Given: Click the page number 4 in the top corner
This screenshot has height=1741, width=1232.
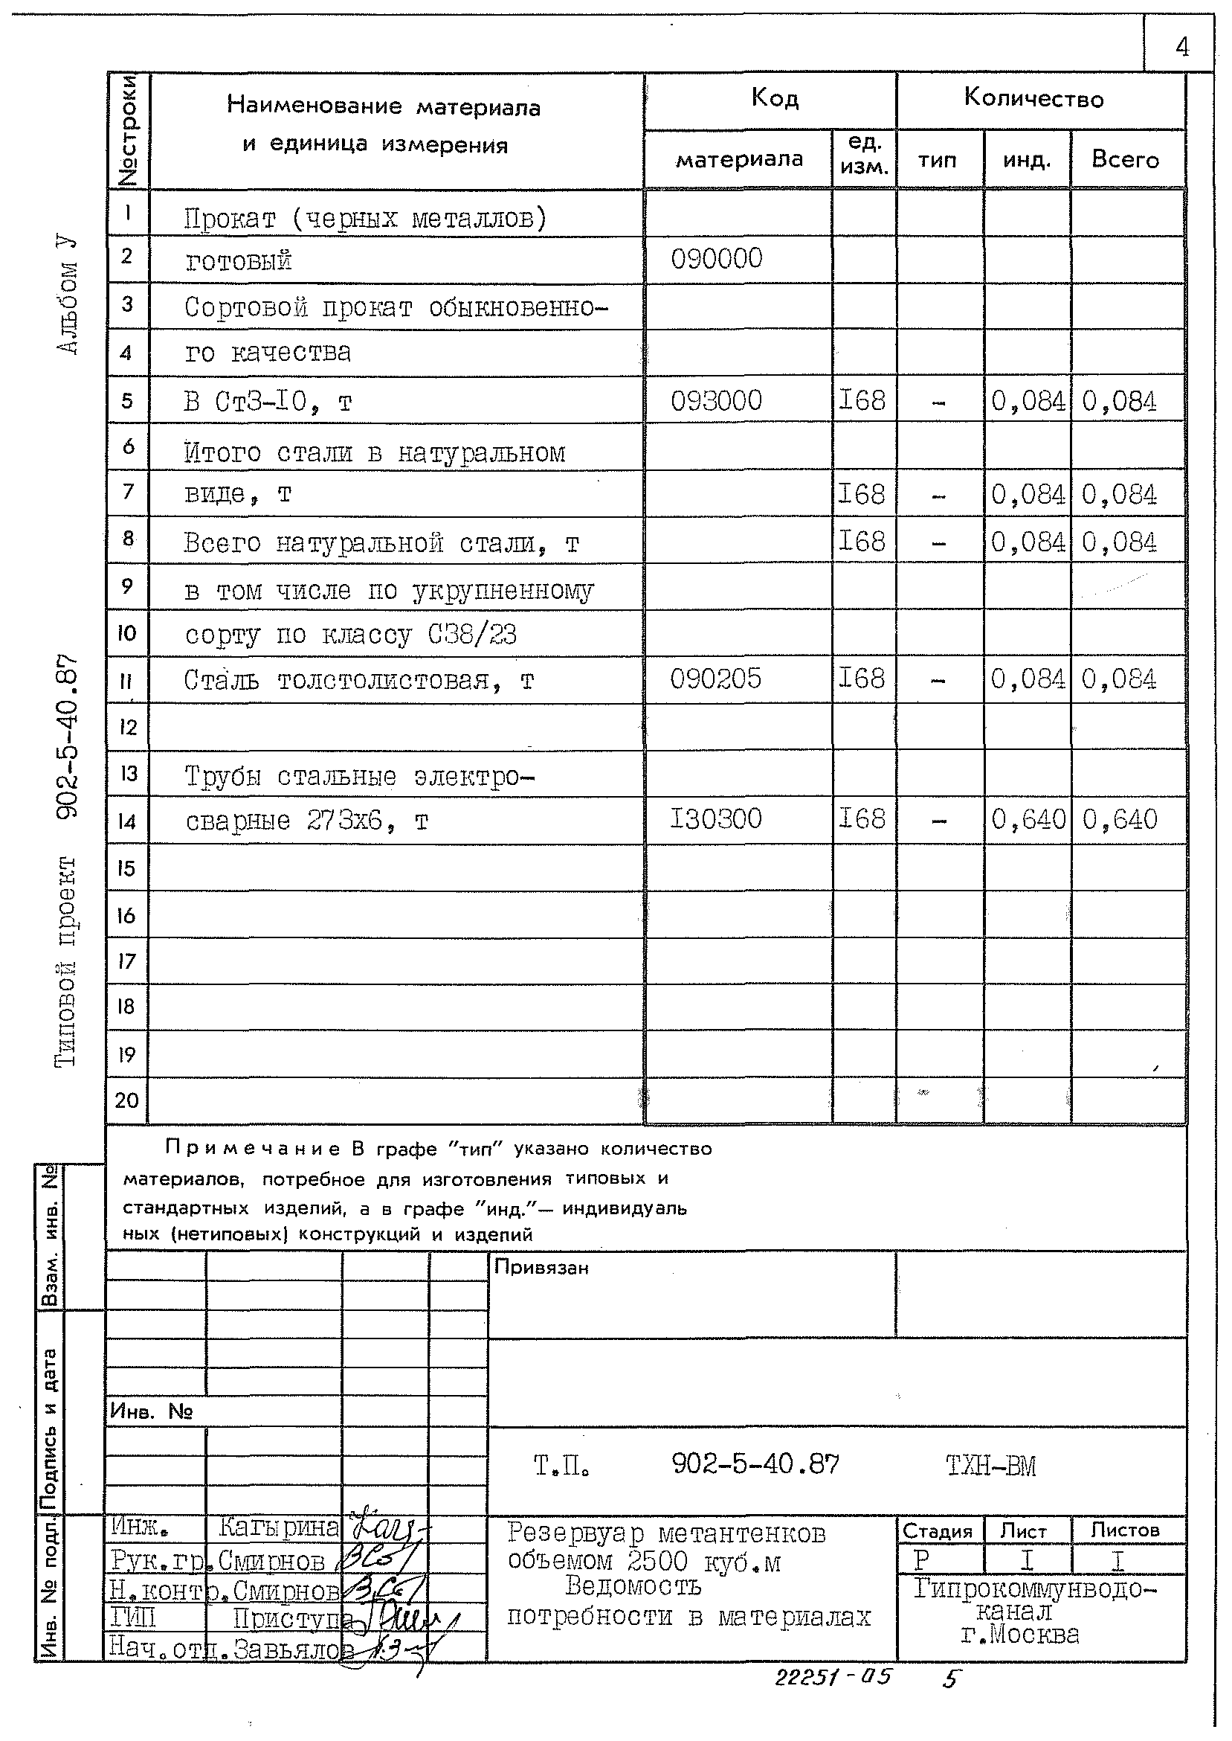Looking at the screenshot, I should point(1181,48).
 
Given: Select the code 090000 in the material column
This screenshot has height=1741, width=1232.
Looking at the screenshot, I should point(716,259).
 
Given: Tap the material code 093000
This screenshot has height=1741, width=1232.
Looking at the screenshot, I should point(716,401).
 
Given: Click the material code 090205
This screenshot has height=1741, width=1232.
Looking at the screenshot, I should point(715,679).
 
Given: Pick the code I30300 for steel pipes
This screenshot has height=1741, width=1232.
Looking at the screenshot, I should point(715,819).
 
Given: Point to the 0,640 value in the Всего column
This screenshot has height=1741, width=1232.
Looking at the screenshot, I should point(1120,820).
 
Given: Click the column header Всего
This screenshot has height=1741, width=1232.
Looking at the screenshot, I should point(1125,159).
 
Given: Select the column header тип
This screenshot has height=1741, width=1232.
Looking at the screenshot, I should point(938,160).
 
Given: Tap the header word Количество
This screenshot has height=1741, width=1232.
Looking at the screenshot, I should point(1033,99).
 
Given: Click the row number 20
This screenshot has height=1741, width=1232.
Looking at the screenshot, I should point(126,1100).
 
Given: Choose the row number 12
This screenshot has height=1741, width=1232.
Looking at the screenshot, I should point(126,728).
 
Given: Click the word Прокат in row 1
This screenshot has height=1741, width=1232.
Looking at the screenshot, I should point(230,219).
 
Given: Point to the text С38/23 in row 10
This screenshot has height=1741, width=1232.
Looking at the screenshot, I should point(472,634).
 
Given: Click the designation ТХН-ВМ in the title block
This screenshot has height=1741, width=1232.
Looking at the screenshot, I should point(991,1466).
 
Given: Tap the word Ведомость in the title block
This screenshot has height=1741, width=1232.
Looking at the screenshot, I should point(633,1586).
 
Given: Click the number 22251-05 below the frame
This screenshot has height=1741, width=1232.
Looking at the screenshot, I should point(832,1676).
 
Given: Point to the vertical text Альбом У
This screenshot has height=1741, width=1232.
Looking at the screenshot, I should point(68,296).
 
